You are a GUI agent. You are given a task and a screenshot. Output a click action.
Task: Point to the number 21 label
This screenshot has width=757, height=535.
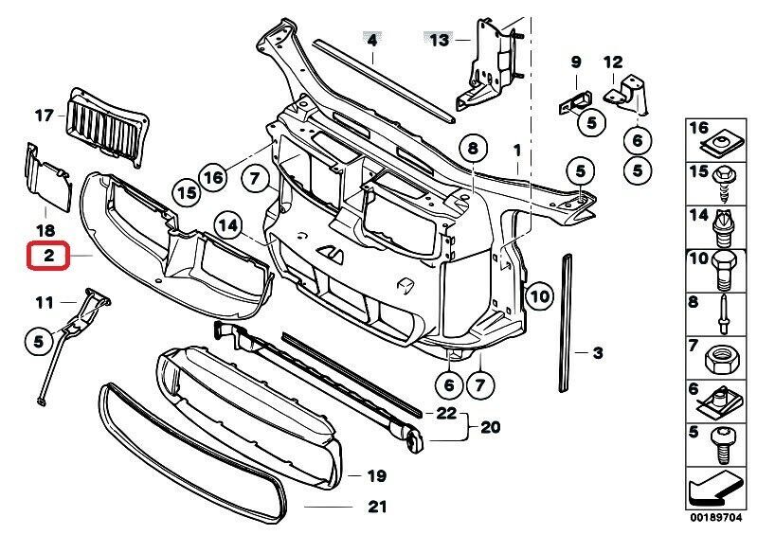coord(378,507)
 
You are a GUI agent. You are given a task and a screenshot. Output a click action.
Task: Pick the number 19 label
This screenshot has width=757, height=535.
coord(376,475)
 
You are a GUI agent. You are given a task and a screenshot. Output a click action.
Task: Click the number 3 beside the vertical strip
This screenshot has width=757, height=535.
coord(598,354)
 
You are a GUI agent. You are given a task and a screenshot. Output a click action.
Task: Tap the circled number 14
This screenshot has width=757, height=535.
coord(228,225)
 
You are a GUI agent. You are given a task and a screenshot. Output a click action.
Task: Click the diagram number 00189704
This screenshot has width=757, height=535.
coord(710,520)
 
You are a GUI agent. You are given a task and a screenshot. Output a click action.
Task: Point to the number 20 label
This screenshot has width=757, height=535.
coord(489,427)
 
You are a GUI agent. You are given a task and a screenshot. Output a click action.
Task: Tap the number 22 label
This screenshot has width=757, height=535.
coord(446,414)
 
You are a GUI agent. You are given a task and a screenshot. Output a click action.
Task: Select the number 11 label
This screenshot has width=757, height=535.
coord(45,303)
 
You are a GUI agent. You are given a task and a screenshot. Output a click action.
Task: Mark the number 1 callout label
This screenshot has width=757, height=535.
coord(517,150)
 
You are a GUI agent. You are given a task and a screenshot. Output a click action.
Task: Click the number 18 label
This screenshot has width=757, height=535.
coord(45,230)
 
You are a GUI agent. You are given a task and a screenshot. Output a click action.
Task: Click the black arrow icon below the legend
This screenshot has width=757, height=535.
coord(712,491)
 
